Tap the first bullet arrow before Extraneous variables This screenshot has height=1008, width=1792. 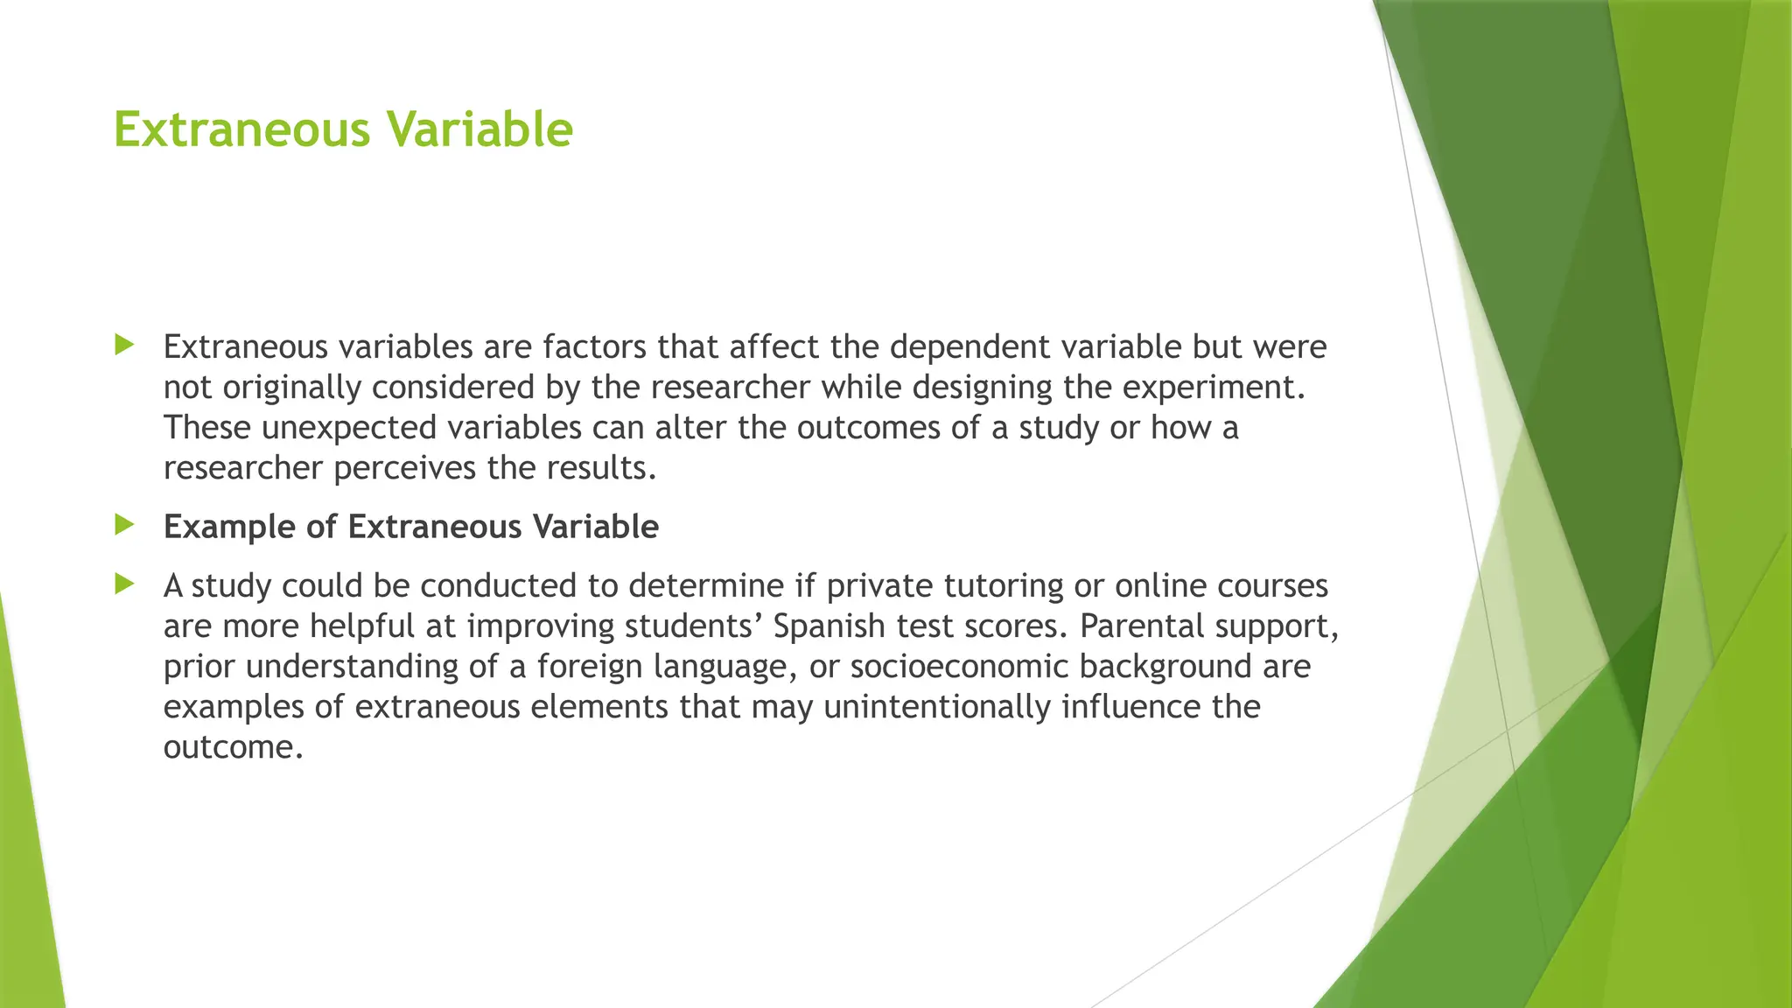click(x=124, y=346)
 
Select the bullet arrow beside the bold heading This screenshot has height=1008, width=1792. click(x=124, y=525)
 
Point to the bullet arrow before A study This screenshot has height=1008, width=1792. click(x=124, y=584)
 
